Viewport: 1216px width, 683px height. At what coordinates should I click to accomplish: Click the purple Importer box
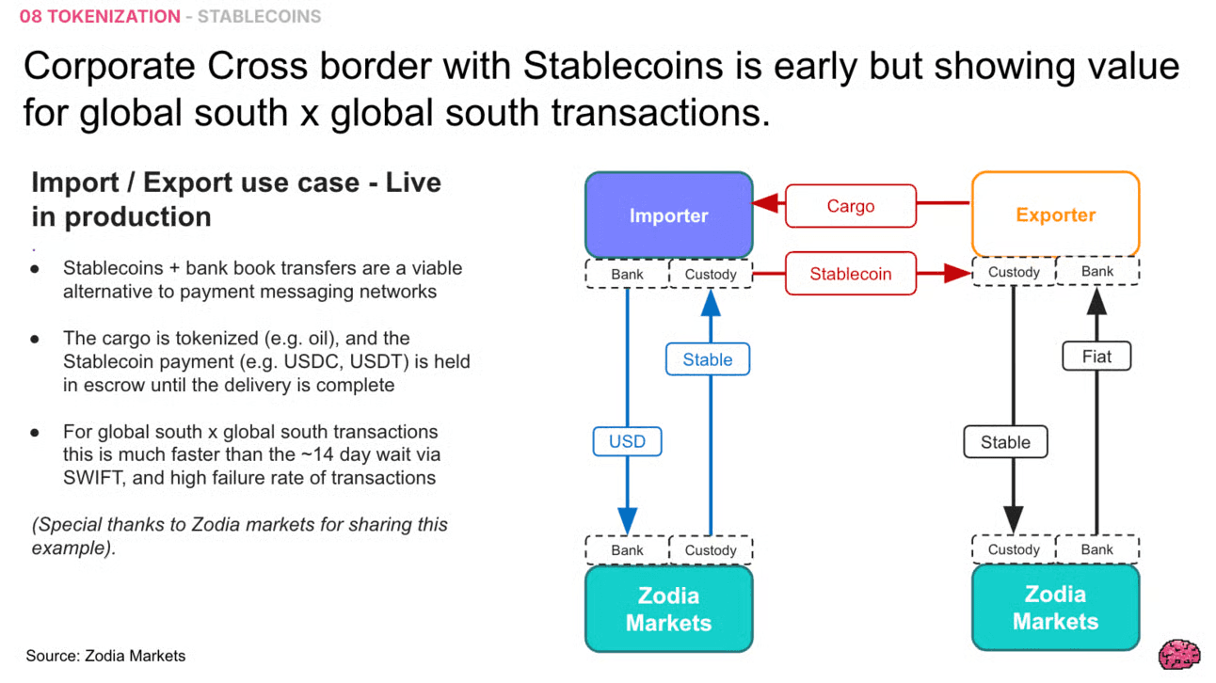pyautogui.click(x=668, y=215)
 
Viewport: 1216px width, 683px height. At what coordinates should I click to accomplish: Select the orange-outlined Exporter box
pyautogui.click(x=1055, y=214)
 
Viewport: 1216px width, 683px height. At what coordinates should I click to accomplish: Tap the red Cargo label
pyautogui.click(x=850, y=206)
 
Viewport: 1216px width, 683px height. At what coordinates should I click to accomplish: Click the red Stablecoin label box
pyautogui.click(x=850, y=274)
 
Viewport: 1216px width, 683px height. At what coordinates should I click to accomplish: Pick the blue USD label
pyautogui.click(x=627, y=441)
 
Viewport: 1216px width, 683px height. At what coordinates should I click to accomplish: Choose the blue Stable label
pyautogui.click(x=707, y=359)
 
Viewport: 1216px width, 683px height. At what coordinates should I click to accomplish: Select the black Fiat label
pyautogui.click(x=1096, y=357)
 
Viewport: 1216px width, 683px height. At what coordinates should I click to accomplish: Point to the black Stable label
pyautogui.click(x=1005, y=442)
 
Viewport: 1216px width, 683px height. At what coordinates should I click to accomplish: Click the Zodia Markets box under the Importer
pyautogui.click(x=668, y=609)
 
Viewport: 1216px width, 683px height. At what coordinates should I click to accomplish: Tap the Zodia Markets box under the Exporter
pyautogui.click(x=1055, y=608)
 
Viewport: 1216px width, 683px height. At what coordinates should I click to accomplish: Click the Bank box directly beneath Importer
pyautogui.click(x=627, y=275)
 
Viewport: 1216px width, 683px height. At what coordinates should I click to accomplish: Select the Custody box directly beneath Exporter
pyautogui.click(x=1014, y=272)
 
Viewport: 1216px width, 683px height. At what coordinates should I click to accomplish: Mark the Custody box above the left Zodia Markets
pyautogui.click(x=711, y=550)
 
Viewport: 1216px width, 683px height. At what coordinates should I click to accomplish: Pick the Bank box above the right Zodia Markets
pyautogui.click(x=1097, y=549)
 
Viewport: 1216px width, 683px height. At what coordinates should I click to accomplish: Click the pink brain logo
pyautogui.click(x=1179, y=654)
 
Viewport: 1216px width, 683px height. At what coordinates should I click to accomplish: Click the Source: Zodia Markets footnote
pyautogui.click(x=105, y=656)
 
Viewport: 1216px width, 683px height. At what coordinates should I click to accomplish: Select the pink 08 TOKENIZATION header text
pyautogui.click(x=100, y=17)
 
